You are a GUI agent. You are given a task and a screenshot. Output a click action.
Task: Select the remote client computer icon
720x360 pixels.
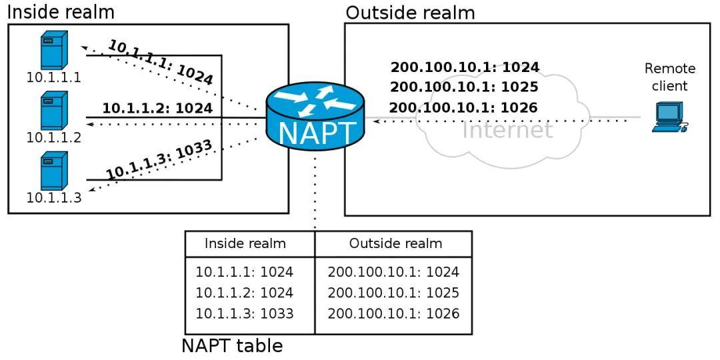[669, 117]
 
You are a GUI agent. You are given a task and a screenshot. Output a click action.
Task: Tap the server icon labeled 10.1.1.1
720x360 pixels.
[53, 50]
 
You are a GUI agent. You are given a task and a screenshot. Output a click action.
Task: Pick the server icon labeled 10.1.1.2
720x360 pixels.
[53, 111]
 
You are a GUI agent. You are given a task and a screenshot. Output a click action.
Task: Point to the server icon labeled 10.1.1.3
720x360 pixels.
[53, 171]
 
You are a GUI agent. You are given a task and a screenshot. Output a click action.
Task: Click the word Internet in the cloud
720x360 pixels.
[507, 129]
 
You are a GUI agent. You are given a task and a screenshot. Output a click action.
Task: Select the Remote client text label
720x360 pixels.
[669, 77]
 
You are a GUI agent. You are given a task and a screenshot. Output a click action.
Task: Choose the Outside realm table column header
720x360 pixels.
[395, 243]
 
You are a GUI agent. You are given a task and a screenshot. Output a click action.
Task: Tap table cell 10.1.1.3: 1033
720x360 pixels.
[244, 313]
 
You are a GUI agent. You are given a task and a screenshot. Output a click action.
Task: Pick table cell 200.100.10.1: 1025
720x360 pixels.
[393, 293]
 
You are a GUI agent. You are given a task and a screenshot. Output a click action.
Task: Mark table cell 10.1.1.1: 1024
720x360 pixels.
[244, 272]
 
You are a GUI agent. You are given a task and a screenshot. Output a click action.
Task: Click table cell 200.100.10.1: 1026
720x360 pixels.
[393, 313]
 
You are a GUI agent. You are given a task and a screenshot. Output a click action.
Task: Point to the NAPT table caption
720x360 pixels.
[232, 346]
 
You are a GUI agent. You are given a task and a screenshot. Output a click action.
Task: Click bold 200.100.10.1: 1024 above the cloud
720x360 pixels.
[465, 67]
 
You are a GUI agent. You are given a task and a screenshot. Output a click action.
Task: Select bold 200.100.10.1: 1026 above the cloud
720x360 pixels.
[463, 107]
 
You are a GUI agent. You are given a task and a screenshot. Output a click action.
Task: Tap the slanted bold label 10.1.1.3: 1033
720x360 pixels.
[159, 159]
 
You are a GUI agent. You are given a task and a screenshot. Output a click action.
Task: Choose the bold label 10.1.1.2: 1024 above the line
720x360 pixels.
[157, 107]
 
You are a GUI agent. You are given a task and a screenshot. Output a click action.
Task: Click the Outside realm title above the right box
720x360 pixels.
[410, 12]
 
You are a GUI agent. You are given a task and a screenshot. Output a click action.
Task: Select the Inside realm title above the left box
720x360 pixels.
[60, 11]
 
